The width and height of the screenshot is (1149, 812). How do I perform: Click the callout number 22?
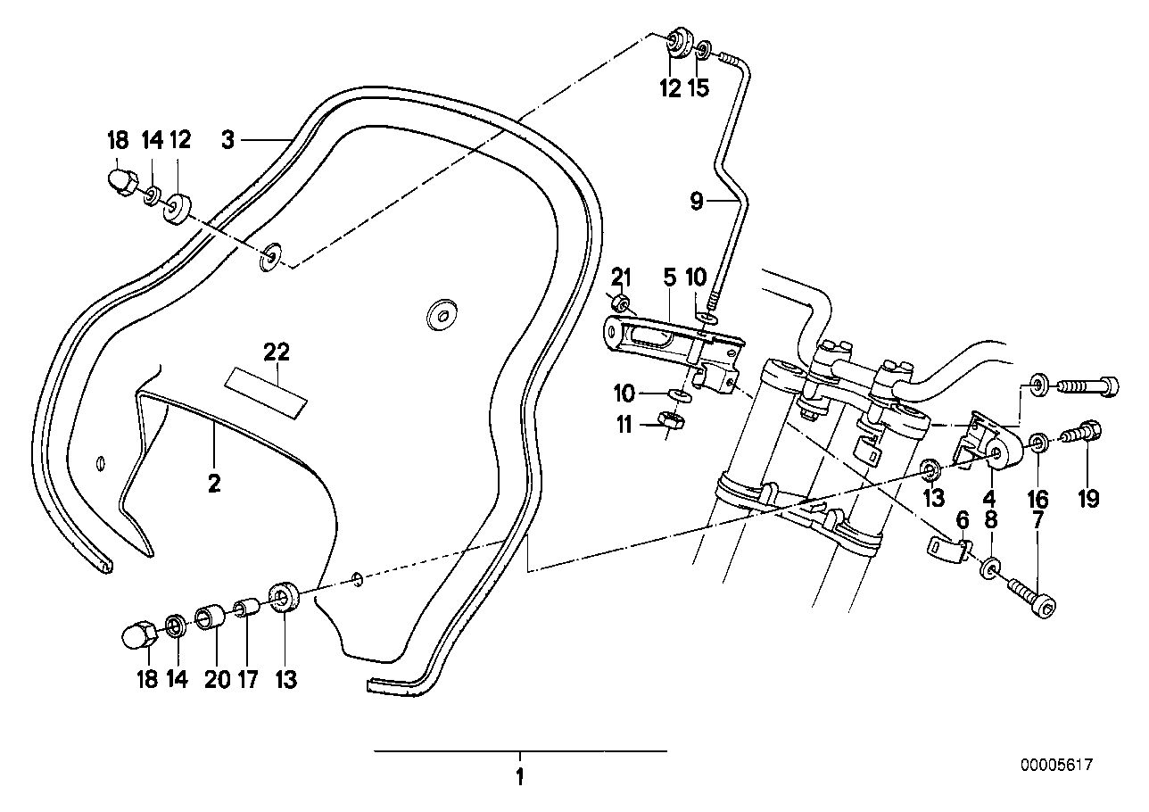point(277,352)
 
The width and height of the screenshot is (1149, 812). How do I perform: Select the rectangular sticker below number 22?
point(265,391)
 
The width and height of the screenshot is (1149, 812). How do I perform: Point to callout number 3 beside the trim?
point(228,140)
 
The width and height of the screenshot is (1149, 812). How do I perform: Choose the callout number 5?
point(669,278)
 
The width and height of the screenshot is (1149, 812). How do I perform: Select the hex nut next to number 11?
point(670,418)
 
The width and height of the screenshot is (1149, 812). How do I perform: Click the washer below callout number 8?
point(991,568)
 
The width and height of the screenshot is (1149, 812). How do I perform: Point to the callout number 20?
point(216,679)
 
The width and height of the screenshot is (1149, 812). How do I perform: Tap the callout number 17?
point(247,679)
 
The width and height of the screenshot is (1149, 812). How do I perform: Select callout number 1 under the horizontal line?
point(519,776)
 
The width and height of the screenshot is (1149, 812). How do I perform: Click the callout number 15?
point(700,87)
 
